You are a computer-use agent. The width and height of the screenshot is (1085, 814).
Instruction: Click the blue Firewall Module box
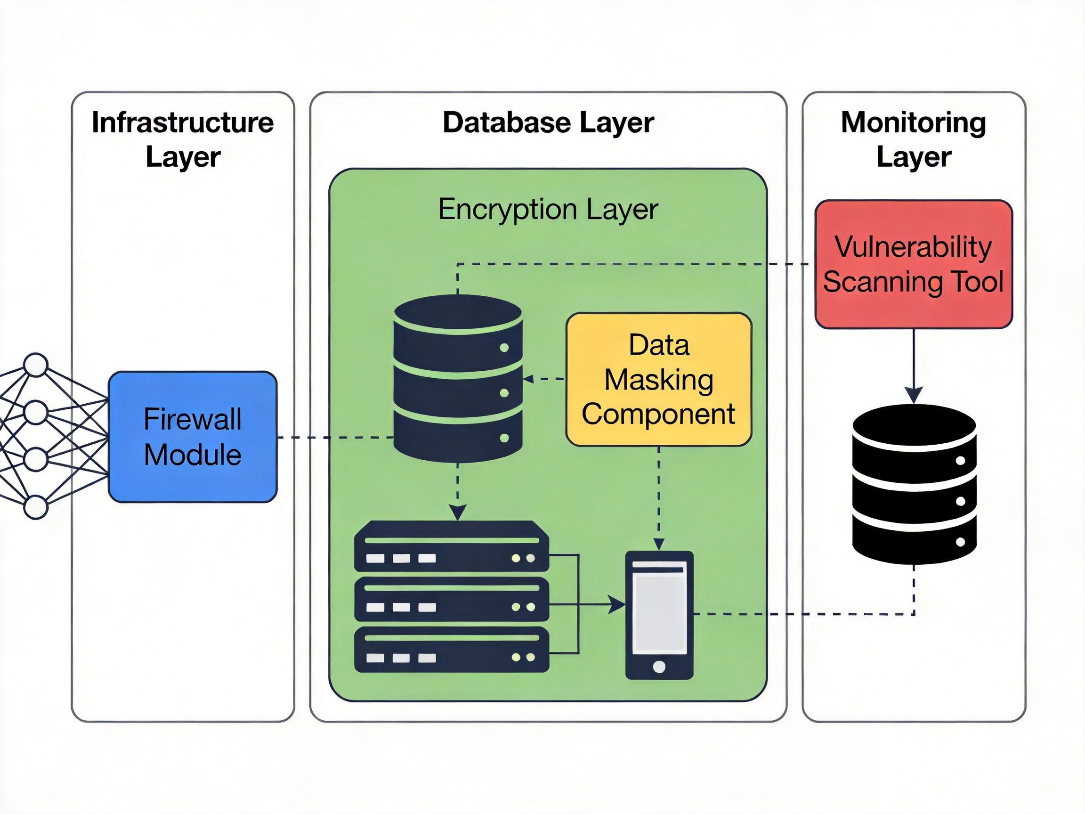(192, 437)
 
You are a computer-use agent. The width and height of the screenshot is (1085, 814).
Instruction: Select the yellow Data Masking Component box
(659, 379)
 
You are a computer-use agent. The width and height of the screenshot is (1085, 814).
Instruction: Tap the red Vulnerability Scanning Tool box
(913, 264)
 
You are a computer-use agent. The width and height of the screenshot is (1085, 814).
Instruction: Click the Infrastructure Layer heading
(183, 139)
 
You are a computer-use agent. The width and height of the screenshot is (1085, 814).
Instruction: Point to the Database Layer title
(548, 122)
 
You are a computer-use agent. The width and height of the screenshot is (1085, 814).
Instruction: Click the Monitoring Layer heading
(913, 139)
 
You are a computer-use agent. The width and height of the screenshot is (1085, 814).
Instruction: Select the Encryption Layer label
(548, 210)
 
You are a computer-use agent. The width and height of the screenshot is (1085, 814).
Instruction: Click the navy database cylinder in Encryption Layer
(458, 378)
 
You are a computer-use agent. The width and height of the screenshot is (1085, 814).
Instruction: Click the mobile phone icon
(659, 615)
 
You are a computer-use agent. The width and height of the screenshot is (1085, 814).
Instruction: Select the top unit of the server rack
(451, 546)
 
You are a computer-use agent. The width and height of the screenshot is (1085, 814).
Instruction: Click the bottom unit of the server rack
(451, 649)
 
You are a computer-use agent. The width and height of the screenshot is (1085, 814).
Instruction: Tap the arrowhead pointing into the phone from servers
(616, 604)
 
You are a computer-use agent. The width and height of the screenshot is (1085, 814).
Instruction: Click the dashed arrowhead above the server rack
(457, 512)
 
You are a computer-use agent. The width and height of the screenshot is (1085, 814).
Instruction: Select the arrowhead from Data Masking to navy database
(528, 379)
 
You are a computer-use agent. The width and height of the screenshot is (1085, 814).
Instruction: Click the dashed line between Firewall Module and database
(335, 437)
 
